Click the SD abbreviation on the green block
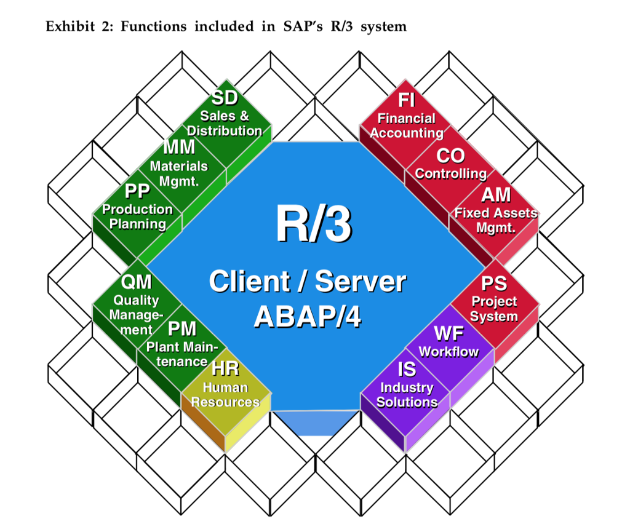225,98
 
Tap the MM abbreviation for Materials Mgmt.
179,148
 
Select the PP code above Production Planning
137,191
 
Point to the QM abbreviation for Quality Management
136,282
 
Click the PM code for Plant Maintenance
182,328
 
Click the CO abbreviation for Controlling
450,156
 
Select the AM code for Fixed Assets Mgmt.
496,194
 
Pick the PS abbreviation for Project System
494,283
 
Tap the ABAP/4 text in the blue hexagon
307,316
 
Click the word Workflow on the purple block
449,352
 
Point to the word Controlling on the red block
450,173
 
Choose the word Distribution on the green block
225,130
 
